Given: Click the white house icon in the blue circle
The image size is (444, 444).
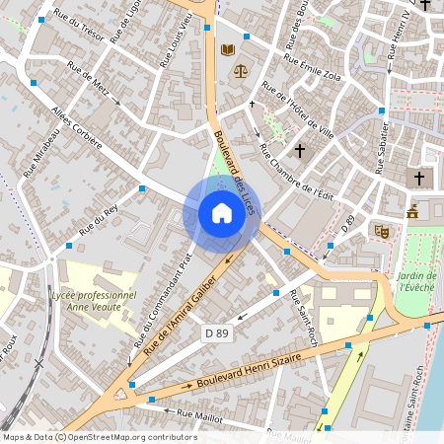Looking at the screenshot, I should pos(222,213).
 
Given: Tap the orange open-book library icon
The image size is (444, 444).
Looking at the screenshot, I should pos(229,49).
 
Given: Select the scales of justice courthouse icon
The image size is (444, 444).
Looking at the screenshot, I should pos(240,71).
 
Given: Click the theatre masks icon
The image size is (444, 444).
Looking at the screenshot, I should pos(382,231).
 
